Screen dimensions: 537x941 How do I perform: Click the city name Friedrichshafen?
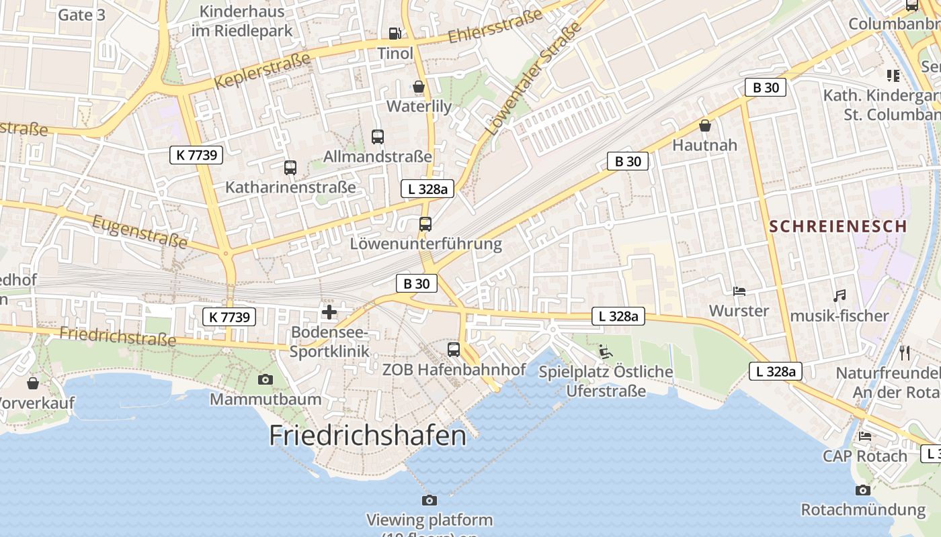coord(368,436)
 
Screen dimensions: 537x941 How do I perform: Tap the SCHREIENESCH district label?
coord(838,226)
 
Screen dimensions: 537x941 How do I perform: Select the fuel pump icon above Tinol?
coord(395,33)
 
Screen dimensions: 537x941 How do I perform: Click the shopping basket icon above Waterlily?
coord(419,87)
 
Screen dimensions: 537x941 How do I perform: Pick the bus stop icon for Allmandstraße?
coord(378,137)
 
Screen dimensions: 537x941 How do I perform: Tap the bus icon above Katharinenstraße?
coord(290,168)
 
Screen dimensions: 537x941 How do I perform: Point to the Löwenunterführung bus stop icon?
coord(425,224)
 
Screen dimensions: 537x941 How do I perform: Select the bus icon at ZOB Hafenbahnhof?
coord(454,350)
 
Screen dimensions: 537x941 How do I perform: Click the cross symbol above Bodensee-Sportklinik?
coord(329,312)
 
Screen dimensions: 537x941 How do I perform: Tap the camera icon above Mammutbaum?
coord(265,380)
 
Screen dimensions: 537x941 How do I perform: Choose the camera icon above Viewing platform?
coord(429,500)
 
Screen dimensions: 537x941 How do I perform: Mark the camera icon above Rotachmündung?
coord(862,491)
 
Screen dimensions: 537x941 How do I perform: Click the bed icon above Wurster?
coord(739,291)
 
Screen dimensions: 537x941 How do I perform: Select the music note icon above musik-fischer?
coord(839,295)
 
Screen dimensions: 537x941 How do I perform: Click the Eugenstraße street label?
coord(139,232)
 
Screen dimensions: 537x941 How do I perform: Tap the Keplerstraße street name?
coord(263,70)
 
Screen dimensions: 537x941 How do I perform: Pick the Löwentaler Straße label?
coord(532,79)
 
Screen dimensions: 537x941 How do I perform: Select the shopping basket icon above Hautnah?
coord(705,126)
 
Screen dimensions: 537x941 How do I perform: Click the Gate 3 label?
coord(82,15)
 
